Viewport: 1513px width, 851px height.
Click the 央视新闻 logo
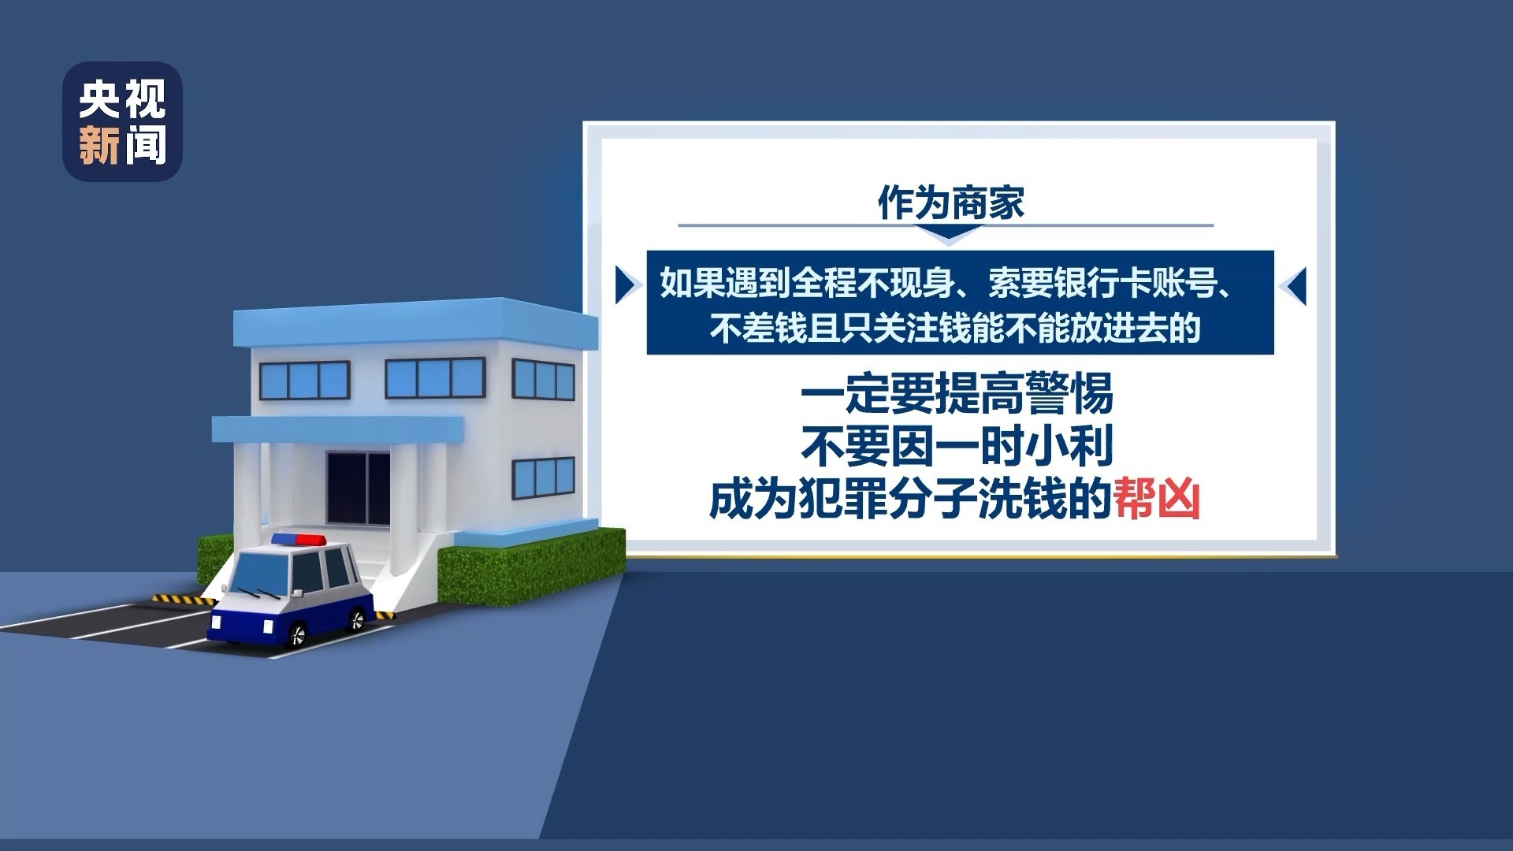click(122, 122)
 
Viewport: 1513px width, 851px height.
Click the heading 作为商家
click(950, 203)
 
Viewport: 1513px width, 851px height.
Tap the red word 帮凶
click(1156, 500)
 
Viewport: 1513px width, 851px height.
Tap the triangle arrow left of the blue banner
click(626, 284)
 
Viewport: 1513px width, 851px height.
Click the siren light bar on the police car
click(299, 540)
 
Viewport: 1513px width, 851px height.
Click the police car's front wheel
click(297, 634)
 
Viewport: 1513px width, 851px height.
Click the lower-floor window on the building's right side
click(543, 478)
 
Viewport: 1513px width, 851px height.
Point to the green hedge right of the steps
click(528, 567)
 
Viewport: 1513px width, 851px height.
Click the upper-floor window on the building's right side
click(543, 380)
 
